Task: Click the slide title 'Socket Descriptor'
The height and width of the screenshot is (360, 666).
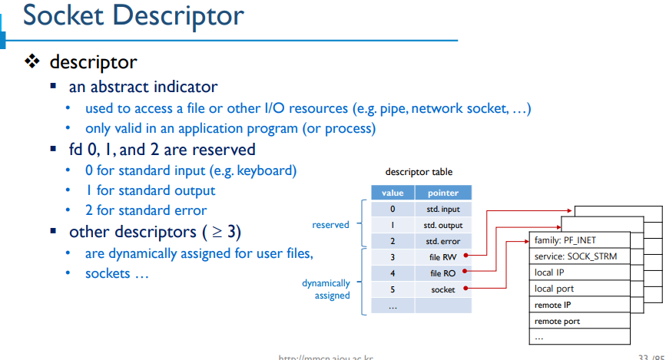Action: pyautogui.click(x=133, y=16)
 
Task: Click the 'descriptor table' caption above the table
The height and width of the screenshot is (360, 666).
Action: pyautogui.click(x=419, y=172)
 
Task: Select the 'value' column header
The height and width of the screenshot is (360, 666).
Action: pyautogui.click(x=393, y=193)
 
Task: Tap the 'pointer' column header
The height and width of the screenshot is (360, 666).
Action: pyautogui.click(x=442, y=193)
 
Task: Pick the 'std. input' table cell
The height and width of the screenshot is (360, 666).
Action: pyautogui.click(x=443, y=209)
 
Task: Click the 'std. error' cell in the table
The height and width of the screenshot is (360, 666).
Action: pyautogui.click(x=443, y=241)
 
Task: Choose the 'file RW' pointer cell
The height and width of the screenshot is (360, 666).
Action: pyautogui.click(x=443, y=257)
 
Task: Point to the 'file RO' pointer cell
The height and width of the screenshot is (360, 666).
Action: pyautogui.click(x=443, y=273)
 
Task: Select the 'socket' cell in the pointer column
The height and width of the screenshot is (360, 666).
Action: pyautogui.click(x=443, y=289)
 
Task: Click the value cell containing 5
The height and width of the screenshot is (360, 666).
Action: pyautogui.click(x=393, y=289)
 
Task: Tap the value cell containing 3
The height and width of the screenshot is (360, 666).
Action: pyautogui.click(x=393, y=257)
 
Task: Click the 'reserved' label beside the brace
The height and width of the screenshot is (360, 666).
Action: pyautogui.click(x=330, y=225)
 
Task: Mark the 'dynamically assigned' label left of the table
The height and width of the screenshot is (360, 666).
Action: pyautogui.click(x=326, y=289)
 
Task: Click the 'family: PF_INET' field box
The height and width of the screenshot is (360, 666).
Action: pyautogui.click(x=579, y=240)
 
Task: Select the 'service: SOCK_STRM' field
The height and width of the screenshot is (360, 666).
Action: pyautogui.click(x=579, y=256)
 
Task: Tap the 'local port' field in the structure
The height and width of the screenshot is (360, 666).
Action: pyautogui.click(x=579, y=289)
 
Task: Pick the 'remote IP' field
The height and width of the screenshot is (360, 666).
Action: pyautogui.click(x=579, y=305)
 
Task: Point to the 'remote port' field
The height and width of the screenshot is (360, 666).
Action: pyautogui.click(x=579, y=321)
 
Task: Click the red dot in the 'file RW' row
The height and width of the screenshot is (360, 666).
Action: pyautogui.click(x=466, y=257)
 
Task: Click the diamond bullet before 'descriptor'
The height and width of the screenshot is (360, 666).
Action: pyautogui.click(x=31, y=61)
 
